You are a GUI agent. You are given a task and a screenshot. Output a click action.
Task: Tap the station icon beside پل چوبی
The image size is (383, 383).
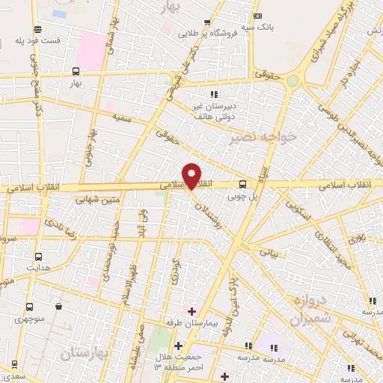242,185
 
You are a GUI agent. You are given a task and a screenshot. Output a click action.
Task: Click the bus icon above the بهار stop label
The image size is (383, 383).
76,72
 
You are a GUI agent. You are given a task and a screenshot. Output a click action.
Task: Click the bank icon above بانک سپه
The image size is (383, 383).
258,16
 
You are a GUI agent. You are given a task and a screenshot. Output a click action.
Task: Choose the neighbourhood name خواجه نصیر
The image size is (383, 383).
265,137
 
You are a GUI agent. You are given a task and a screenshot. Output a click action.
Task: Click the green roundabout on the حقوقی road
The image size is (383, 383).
292,81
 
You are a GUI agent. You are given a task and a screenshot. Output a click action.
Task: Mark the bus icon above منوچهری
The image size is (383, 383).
30,307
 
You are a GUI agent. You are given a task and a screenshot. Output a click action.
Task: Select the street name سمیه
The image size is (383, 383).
122,118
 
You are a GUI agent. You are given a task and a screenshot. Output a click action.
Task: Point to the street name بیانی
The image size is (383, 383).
268,254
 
